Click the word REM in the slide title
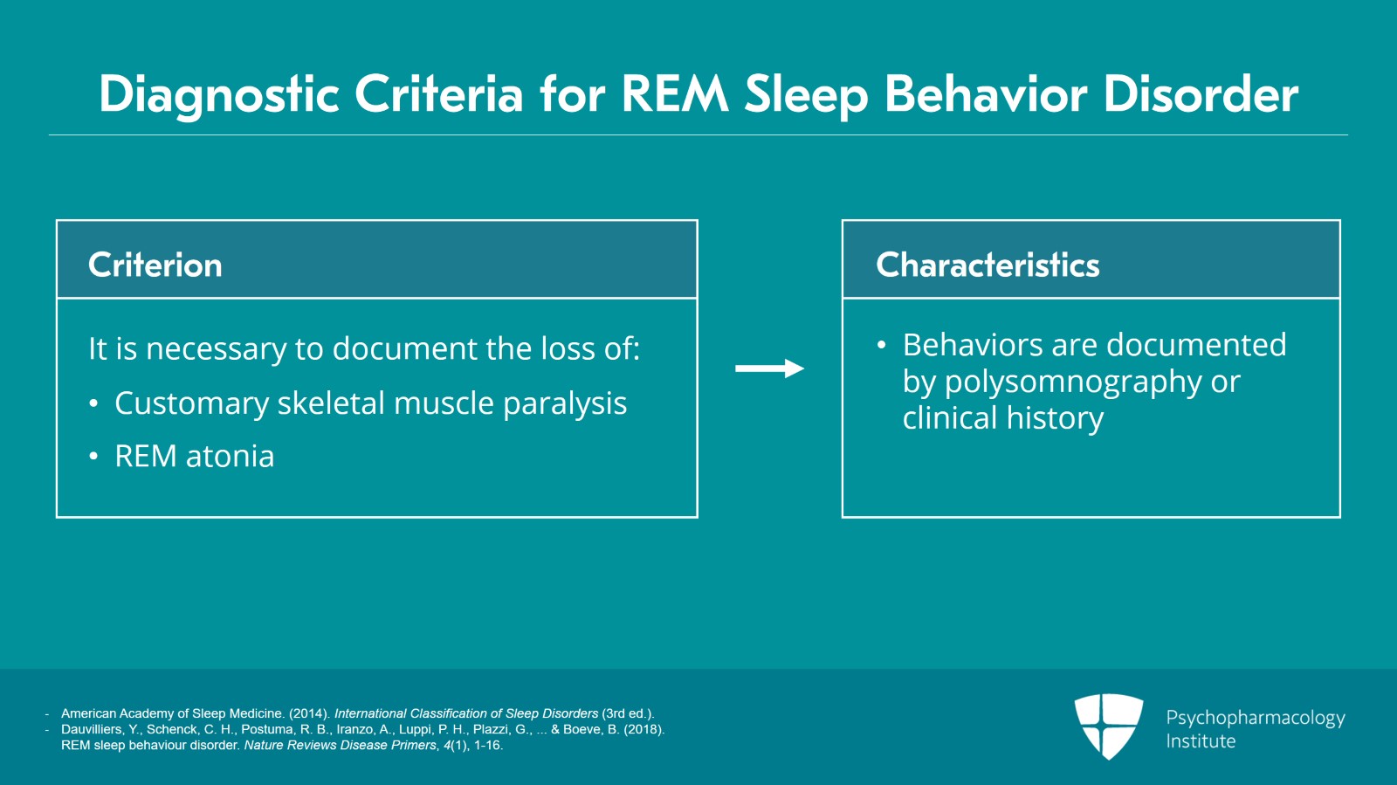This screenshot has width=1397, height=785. [x=675, y=93]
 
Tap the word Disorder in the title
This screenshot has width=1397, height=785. [x=1201, y=93]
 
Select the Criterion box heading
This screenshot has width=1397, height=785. [x=155, y=265]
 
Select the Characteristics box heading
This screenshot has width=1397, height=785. [x=988, y=265]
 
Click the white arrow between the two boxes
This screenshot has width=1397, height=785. [x=769, y=368]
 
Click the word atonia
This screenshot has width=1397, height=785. [x=231, y=457]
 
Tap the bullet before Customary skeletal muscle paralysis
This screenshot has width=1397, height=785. [x=93, y=404]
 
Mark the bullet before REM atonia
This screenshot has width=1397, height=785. [x=93, y=457]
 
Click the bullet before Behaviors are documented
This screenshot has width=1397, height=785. [x=881, y=346]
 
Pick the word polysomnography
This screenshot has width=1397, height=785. [x=1073, y=382]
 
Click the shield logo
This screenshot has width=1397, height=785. [x=1108, y=726]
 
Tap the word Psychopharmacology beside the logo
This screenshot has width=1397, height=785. [x=1256, y=719]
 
